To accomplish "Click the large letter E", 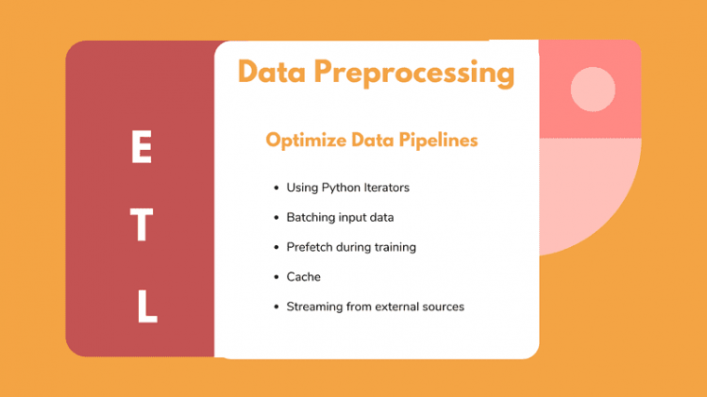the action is (x=142, y=146).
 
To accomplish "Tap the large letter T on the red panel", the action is (x=142, y=225).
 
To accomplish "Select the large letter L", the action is (x=147, y=307).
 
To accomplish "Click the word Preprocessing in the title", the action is (x=414, y=73).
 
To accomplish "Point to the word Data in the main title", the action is (x=272, y=71).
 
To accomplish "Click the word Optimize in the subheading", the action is (x=306, y=141).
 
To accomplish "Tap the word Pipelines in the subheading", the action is (x=438, y=141).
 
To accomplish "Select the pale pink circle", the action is (x=592, y=89).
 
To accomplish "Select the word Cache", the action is (x=303, y=277).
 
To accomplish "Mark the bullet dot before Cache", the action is (x=276, y=277).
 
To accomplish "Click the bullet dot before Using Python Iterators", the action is (x=276, y=187).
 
